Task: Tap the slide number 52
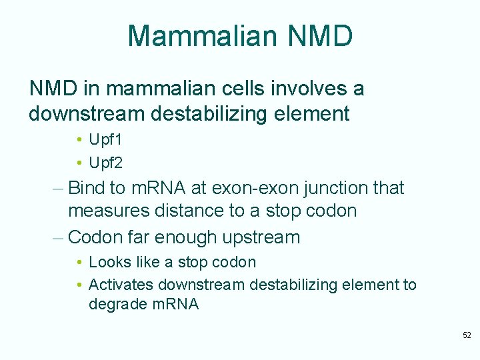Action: [467, 335]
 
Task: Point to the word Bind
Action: [88, 188]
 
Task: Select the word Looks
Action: [109, 262]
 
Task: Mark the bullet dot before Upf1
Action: [79, 140]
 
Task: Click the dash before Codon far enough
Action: [57, 237]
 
